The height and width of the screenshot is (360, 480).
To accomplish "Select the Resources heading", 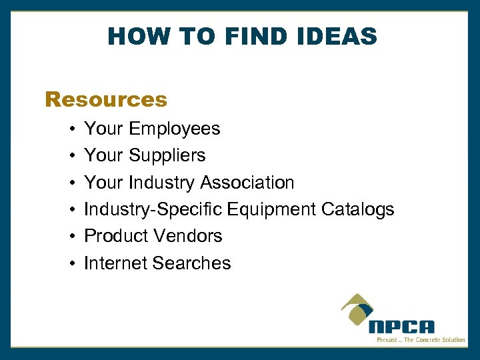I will pos(106,100).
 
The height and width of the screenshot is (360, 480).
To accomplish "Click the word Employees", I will pos(175,129).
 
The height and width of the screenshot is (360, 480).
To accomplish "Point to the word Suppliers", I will pos(167,155).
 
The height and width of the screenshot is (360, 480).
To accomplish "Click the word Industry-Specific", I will pos(153,209).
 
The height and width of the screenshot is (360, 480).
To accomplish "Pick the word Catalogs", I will pos(358,209).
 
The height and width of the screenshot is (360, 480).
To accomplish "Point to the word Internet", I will pos(115,263).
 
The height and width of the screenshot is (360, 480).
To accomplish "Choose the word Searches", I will pos(191,263).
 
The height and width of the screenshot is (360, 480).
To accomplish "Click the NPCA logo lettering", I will pos(402,327).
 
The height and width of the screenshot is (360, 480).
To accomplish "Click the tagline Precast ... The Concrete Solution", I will pos(421,340).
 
